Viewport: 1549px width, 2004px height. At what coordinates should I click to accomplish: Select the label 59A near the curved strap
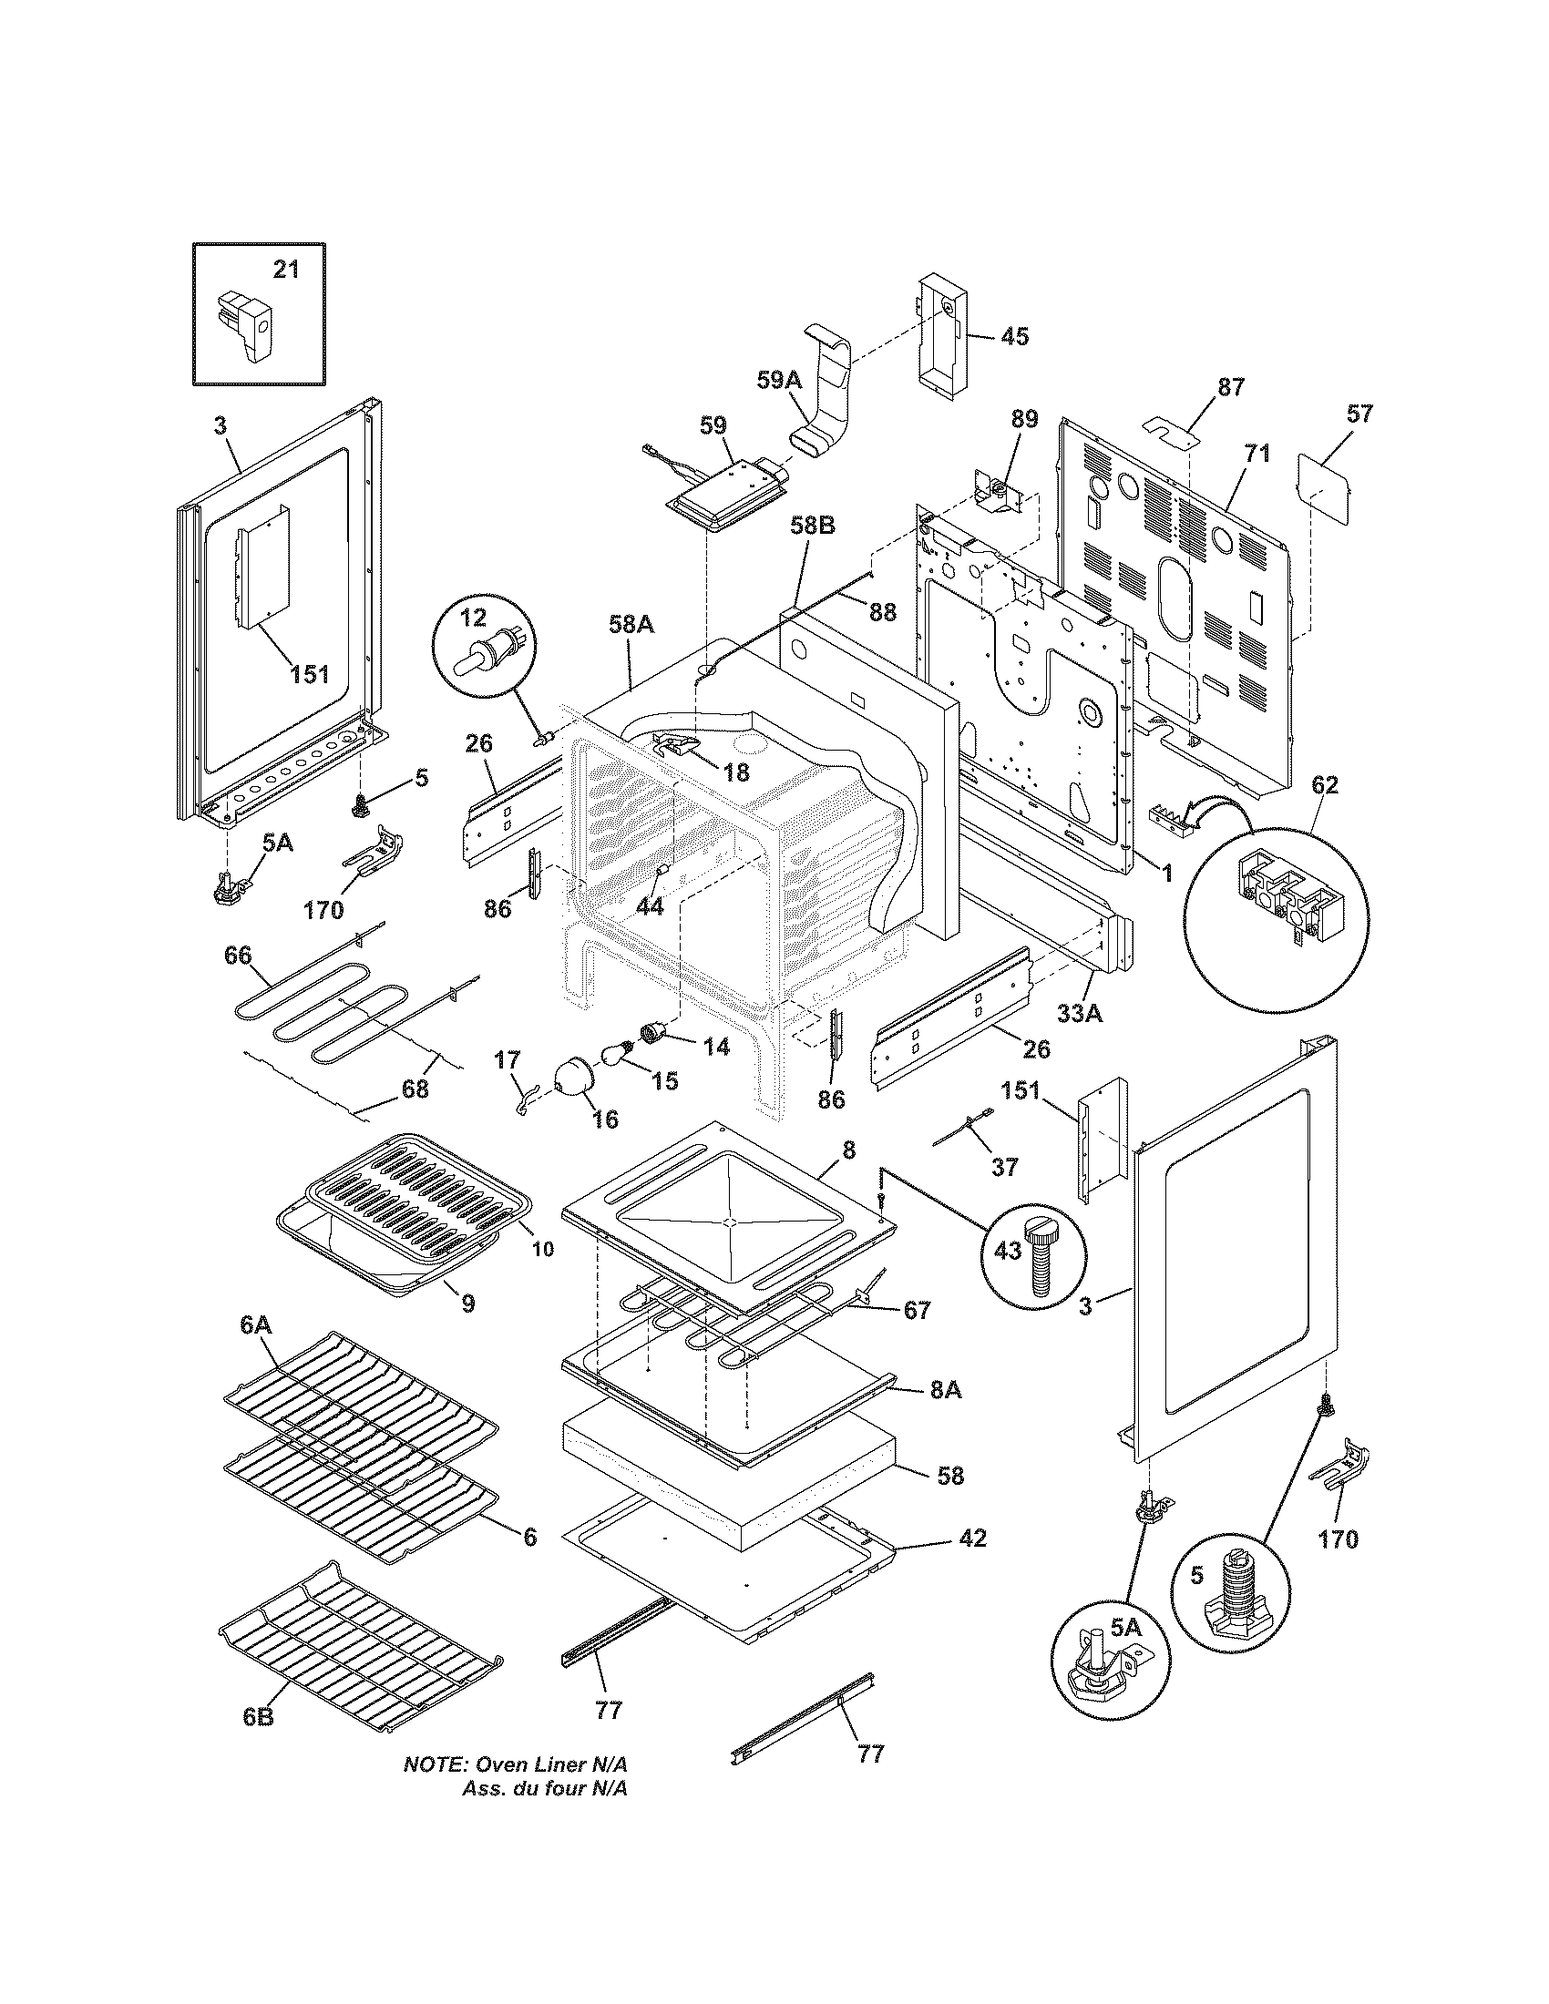coord(779,379)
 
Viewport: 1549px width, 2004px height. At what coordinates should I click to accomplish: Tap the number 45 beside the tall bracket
coord(1014,337)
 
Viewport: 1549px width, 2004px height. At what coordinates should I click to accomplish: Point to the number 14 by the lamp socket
coord(716,1045)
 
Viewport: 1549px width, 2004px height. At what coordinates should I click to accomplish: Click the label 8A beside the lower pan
coord(945,1416)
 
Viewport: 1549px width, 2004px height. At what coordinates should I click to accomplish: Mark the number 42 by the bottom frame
coord(972,1538)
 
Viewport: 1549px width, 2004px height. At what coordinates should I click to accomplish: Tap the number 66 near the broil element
coord(238,956)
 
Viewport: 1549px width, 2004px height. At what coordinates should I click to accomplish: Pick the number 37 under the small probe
coord(1005,1167)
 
